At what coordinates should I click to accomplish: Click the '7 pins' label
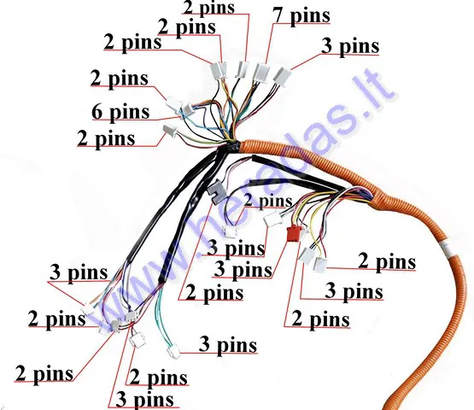(301, 15)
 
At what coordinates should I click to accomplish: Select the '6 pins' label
(120, 113)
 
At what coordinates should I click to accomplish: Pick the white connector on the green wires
(173, 352)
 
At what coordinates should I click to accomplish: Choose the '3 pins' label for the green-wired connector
(228, 345)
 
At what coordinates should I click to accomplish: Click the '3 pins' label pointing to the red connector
(243, 269)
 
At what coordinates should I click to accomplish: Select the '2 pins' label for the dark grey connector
(214, 293)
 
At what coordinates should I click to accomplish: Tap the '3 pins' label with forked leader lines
(79, 272)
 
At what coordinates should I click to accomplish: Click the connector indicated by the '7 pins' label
(261, 72)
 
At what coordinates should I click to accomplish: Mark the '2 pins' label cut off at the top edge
(209, 7)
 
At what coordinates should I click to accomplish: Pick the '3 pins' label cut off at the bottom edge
(145, 400)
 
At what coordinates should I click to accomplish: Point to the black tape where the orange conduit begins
(232, 148)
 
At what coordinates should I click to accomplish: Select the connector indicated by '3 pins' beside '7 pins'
(282, 75)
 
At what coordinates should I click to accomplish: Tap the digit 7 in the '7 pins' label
(278, 15)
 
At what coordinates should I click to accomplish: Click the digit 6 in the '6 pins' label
(97, 112)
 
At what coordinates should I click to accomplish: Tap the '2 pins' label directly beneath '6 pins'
(106, 139)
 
